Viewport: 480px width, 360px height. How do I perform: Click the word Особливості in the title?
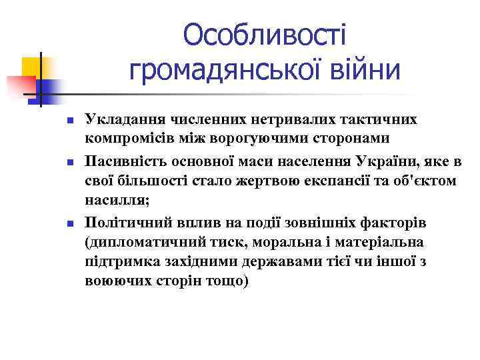click(x=265, y=35)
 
